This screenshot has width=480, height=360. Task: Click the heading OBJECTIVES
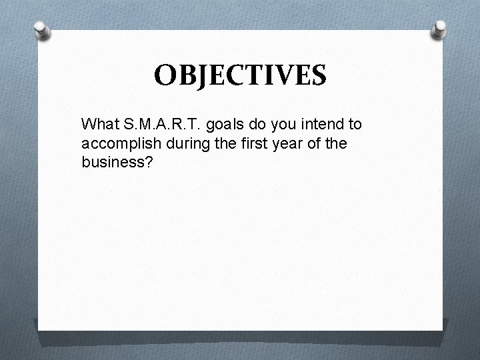pos(240,75)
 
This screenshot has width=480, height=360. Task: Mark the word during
pos(175,143)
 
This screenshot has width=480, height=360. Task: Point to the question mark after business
pos(149,162)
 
